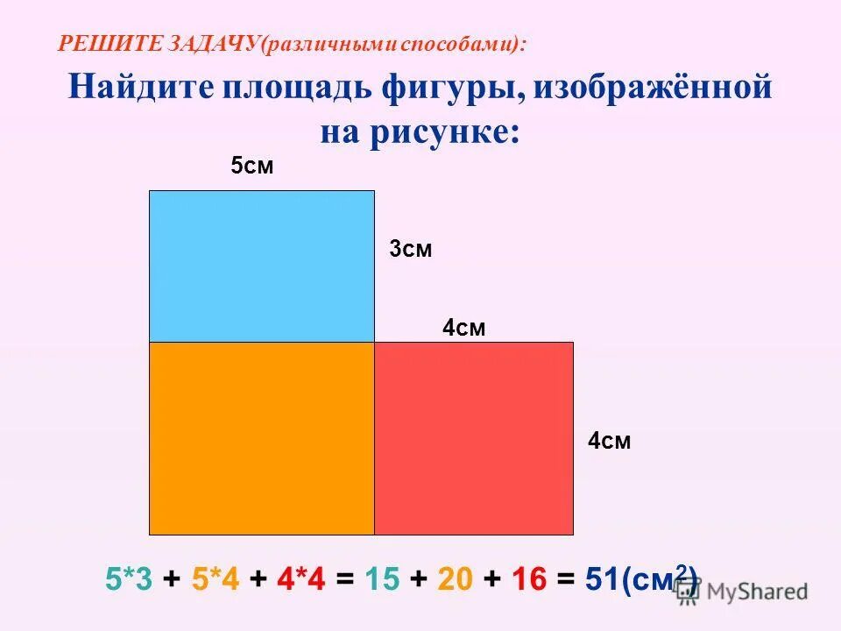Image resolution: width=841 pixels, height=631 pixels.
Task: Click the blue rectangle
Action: [262, 266]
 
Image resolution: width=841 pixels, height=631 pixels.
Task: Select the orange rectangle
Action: [262, 438]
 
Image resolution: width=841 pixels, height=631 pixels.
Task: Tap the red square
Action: [474, 438]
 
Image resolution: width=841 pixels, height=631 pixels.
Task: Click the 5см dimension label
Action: [252, 166]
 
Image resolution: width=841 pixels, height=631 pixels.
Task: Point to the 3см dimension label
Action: [411, 249]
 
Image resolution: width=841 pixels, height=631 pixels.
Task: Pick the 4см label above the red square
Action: [464, 328]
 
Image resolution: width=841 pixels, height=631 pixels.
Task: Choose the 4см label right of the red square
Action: [610, 441]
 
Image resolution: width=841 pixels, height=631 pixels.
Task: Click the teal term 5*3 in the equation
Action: [129, 578]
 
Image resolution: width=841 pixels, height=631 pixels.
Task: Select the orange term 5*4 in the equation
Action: [216, 578]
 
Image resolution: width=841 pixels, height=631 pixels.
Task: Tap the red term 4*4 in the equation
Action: [301, 578]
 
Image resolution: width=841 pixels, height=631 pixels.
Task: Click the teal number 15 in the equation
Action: [383, 578]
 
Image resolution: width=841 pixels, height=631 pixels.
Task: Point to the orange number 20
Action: [456, 578]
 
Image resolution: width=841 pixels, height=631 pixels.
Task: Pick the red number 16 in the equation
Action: [529, 578]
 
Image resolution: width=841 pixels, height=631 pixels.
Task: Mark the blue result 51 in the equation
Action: [602, 578]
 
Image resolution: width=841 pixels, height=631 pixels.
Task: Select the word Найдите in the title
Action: [140, 87]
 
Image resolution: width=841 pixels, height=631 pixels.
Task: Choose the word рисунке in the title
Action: [445, 132]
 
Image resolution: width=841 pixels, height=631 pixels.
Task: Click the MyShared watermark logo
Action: [741, 592]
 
